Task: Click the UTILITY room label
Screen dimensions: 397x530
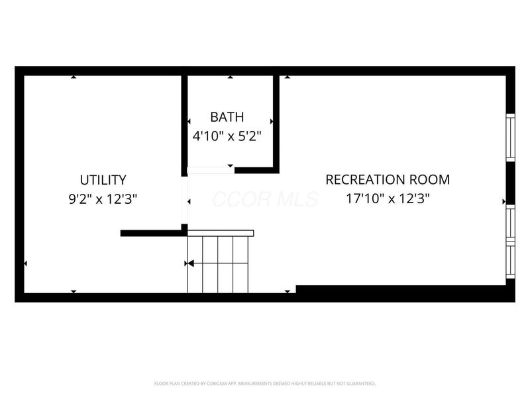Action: [103, 179]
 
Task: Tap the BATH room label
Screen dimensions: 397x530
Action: [227, 117]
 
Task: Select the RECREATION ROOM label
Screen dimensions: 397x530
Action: [388, 179]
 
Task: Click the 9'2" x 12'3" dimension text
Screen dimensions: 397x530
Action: [103, 198]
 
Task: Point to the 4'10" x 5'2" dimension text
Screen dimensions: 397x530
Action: [227, 136]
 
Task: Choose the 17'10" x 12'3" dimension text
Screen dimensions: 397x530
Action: [388, 198]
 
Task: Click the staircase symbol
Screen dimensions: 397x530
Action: [218, 264]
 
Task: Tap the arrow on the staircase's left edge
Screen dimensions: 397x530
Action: [189, 263]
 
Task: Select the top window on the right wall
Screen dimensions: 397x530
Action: [510, 137]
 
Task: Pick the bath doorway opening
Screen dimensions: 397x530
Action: [210, 170]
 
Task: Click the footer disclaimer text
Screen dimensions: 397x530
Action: [265, 383]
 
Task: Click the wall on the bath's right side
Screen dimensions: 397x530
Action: [276, 122]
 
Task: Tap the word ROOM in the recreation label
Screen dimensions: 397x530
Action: [428, 179]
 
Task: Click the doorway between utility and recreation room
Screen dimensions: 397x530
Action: [185, 201]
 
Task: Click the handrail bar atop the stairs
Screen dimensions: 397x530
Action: [220, 233]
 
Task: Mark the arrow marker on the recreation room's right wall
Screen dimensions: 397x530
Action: [504, 200]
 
